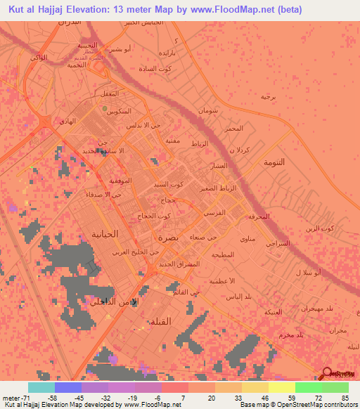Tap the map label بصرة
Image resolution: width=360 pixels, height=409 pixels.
(169, 238)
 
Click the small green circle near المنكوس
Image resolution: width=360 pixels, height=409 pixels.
(105, 109)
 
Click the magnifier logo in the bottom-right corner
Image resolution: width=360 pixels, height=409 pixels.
(328, 375)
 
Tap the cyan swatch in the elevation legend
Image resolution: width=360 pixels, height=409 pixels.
(41, 387)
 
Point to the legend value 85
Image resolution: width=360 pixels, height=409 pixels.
(344, 398)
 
